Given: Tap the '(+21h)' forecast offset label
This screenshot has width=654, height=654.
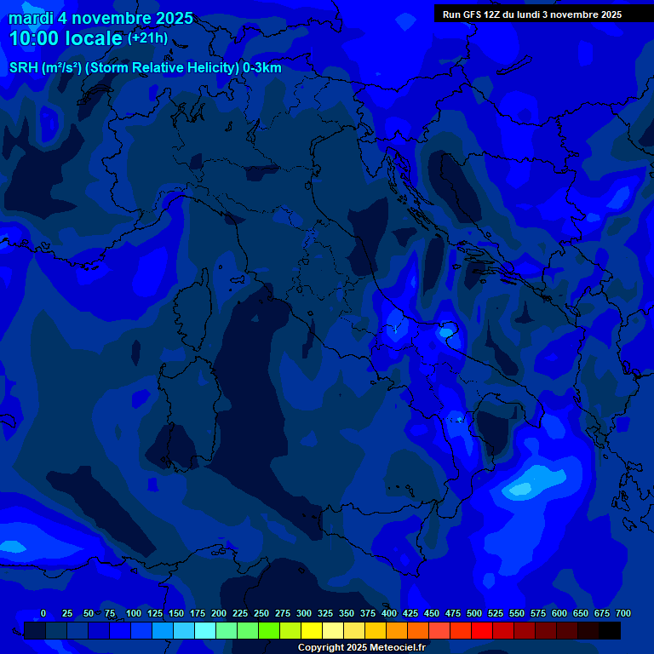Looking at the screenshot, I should [147, 38].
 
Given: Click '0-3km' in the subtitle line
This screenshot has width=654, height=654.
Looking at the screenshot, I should [262, 68].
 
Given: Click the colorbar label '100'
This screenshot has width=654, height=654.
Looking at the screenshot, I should [134, 613].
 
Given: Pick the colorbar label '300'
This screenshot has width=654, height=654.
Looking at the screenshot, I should [304, 613].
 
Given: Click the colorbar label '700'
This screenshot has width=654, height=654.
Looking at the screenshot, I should [622, 613].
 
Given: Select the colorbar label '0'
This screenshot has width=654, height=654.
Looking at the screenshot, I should [43, 613].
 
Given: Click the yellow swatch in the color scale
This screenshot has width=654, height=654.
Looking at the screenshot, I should [312, 631].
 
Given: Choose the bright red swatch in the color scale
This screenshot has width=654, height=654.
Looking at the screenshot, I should [482, 631].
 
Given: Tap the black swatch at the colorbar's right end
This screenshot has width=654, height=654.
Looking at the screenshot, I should [610, 631].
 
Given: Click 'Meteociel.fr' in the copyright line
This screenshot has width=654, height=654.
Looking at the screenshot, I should [395, 648].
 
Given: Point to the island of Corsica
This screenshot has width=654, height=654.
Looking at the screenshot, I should [193, 307].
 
